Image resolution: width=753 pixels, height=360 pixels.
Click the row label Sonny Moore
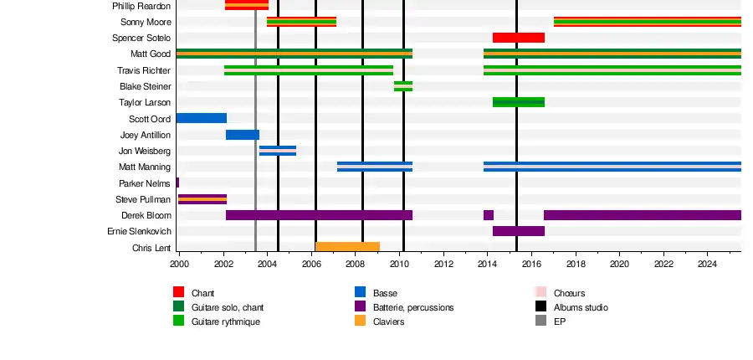coord(146,22)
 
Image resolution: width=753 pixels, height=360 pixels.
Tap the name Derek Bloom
coord(146,215)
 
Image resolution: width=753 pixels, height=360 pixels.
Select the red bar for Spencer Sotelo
coord(519,38)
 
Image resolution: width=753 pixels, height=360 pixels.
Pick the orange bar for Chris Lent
coord(347,247)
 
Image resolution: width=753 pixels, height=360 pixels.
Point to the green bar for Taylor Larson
coord(519,102)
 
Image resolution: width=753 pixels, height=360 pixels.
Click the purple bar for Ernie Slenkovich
coord(519,231)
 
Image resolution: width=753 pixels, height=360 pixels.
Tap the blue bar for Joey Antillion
coord(243,135)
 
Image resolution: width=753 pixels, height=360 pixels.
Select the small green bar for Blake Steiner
coord(403,86)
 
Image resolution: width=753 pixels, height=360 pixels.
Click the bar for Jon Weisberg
coord(278,151)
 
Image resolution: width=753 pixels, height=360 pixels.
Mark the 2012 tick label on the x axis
coord(443,265)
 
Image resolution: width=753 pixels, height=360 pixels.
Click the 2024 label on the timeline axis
coord(708,265)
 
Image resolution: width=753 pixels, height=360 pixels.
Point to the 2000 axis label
coord(179,265)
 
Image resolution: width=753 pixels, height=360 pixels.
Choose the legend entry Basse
coord(386,294)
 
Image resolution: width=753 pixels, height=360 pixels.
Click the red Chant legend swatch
coord(178,292)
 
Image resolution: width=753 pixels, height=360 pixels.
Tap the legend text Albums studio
coord(581,307)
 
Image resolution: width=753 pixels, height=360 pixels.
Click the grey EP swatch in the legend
coord(540,321)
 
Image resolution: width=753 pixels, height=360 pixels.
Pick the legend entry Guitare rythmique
coord(225,321)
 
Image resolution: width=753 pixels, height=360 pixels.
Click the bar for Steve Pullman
coord(202,199)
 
